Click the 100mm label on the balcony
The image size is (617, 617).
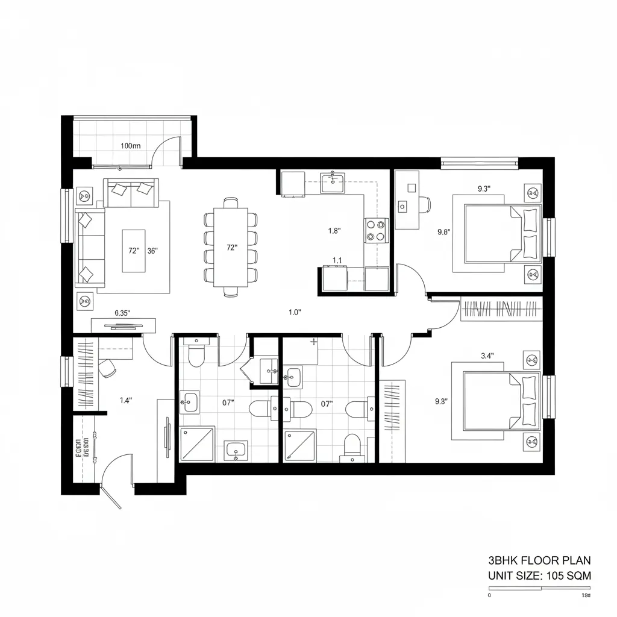(x=130, y=146)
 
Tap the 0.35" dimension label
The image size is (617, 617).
(x=122, y=313)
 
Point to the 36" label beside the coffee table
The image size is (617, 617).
(x=152, y=251)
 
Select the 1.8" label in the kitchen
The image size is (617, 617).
(x=334, y=230)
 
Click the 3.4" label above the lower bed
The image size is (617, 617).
(x=487, y=355)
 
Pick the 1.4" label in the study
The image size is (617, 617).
(x=126, y=399)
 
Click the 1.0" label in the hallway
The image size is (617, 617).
(x=295, y=312)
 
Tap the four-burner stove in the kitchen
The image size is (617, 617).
(x=376, y=230)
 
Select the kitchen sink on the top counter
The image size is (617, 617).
(x=333, y=182)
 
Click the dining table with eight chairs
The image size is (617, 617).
(x=232, y=247)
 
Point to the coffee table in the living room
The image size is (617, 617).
(x=133, y=251)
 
